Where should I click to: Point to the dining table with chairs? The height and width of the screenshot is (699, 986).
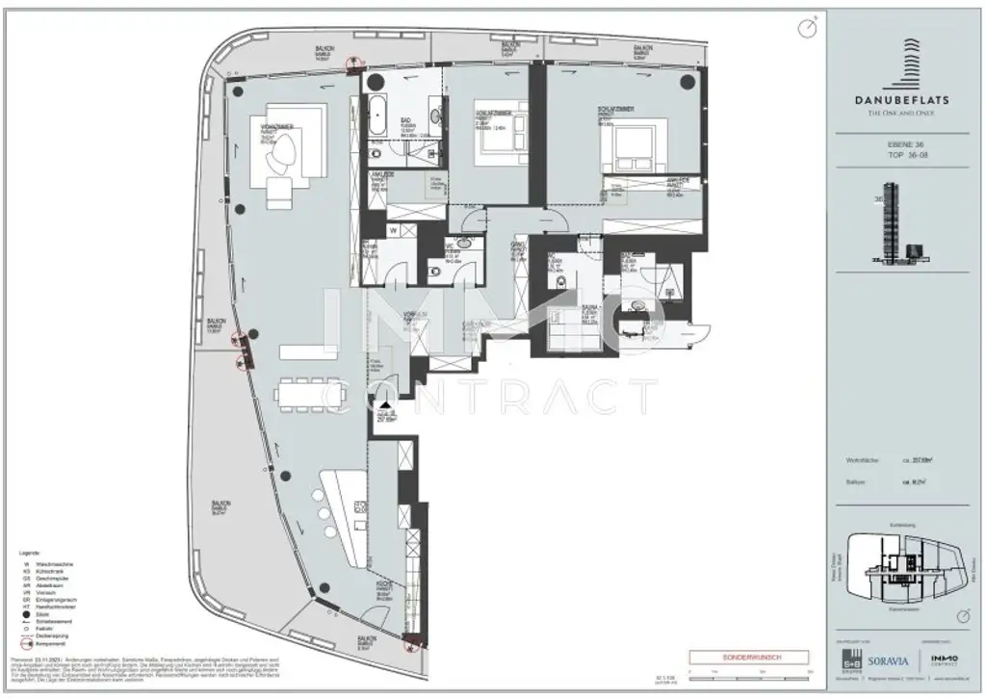click(305, 394)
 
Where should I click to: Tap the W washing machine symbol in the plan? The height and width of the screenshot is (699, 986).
click(394, 231)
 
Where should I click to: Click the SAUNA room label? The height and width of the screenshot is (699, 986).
click(564, 310)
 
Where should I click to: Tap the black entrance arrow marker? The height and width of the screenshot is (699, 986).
click(386, 406)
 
